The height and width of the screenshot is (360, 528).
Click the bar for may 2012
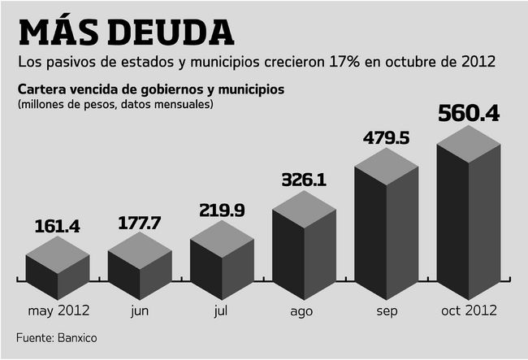(x=57, y=272)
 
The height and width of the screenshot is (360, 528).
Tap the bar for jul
(x=222, y=260)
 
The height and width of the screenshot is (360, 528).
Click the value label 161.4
(x=57, y=227)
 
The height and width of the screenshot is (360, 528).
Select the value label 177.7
(x=140, y=221)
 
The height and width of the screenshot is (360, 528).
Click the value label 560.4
(x=469, y=113)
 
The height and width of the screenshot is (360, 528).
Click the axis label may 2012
(x=58, y=310)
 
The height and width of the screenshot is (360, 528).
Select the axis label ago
(x=303, y=310)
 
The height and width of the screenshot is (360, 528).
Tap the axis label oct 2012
(x=470, y=310)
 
